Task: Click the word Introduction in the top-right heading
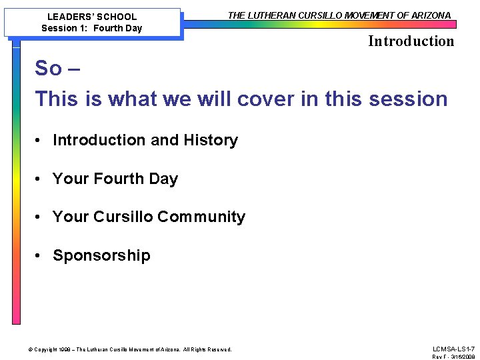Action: [x=411, y=41]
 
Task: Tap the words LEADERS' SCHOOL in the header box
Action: [x=92, y=17]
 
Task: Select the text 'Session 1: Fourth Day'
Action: [x=92, y=28]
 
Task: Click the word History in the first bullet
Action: [x=210, y=140]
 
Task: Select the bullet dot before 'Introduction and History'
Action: [x=41, y=140]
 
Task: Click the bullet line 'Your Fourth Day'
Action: [x=115, y=179]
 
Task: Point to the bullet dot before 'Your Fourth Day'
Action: [x=41, y=179]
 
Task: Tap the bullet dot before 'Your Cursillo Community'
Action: [x=41, y=217]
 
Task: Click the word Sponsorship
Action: [x=101, y=255]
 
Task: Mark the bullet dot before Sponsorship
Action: [x=41, y=255]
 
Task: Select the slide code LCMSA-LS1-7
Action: [x=453, y=349]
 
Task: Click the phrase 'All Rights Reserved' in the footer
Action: [x=207, y=349]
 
